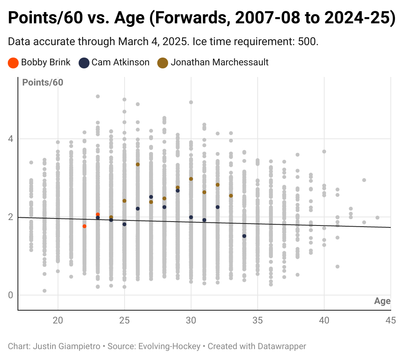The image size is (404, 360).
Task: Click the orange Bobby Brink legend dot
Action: (x=13, y=63)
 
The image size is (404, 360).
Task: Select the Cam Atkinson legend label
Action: (x=120, y=63)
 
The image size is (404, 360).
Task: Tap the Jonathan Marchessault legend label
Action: (x=220, y=63)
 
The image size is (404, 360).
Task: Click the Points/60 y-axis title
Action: (x=43, y=82)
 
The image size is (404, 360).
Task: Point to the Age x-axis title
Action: (x=382, y=301)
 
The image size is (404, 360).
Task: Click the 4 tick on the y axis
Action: (x=11, y=139)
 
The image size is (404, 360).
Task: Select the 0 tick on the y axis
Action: (x=11, y=295)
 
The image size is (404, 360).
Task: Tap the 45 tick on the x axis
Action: (x=390, y=320)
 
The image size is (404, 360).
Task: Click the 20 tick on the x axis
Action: (x=58, y=320)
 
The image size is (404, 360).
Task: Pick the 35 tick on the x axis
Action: (x=257, y=320)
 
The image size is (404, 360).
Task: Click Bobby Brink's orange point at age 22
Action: (x=84, y=226)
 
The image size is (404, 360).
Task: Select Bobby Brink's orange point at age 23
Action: (x=98, y=215)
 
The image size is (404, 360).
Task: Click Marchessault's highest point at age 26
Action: (x=137, y=164)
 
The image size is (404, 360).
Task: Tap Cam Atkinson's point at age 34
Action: (x=244, y=236)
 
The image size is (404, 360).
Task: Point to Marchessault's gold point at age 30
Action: (x=191, y=179)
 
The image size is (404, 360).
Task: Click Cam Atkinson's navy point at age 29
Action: (x=177, y=190)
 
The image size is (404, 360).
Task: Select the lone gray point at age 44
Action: (x=377, y=218)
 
